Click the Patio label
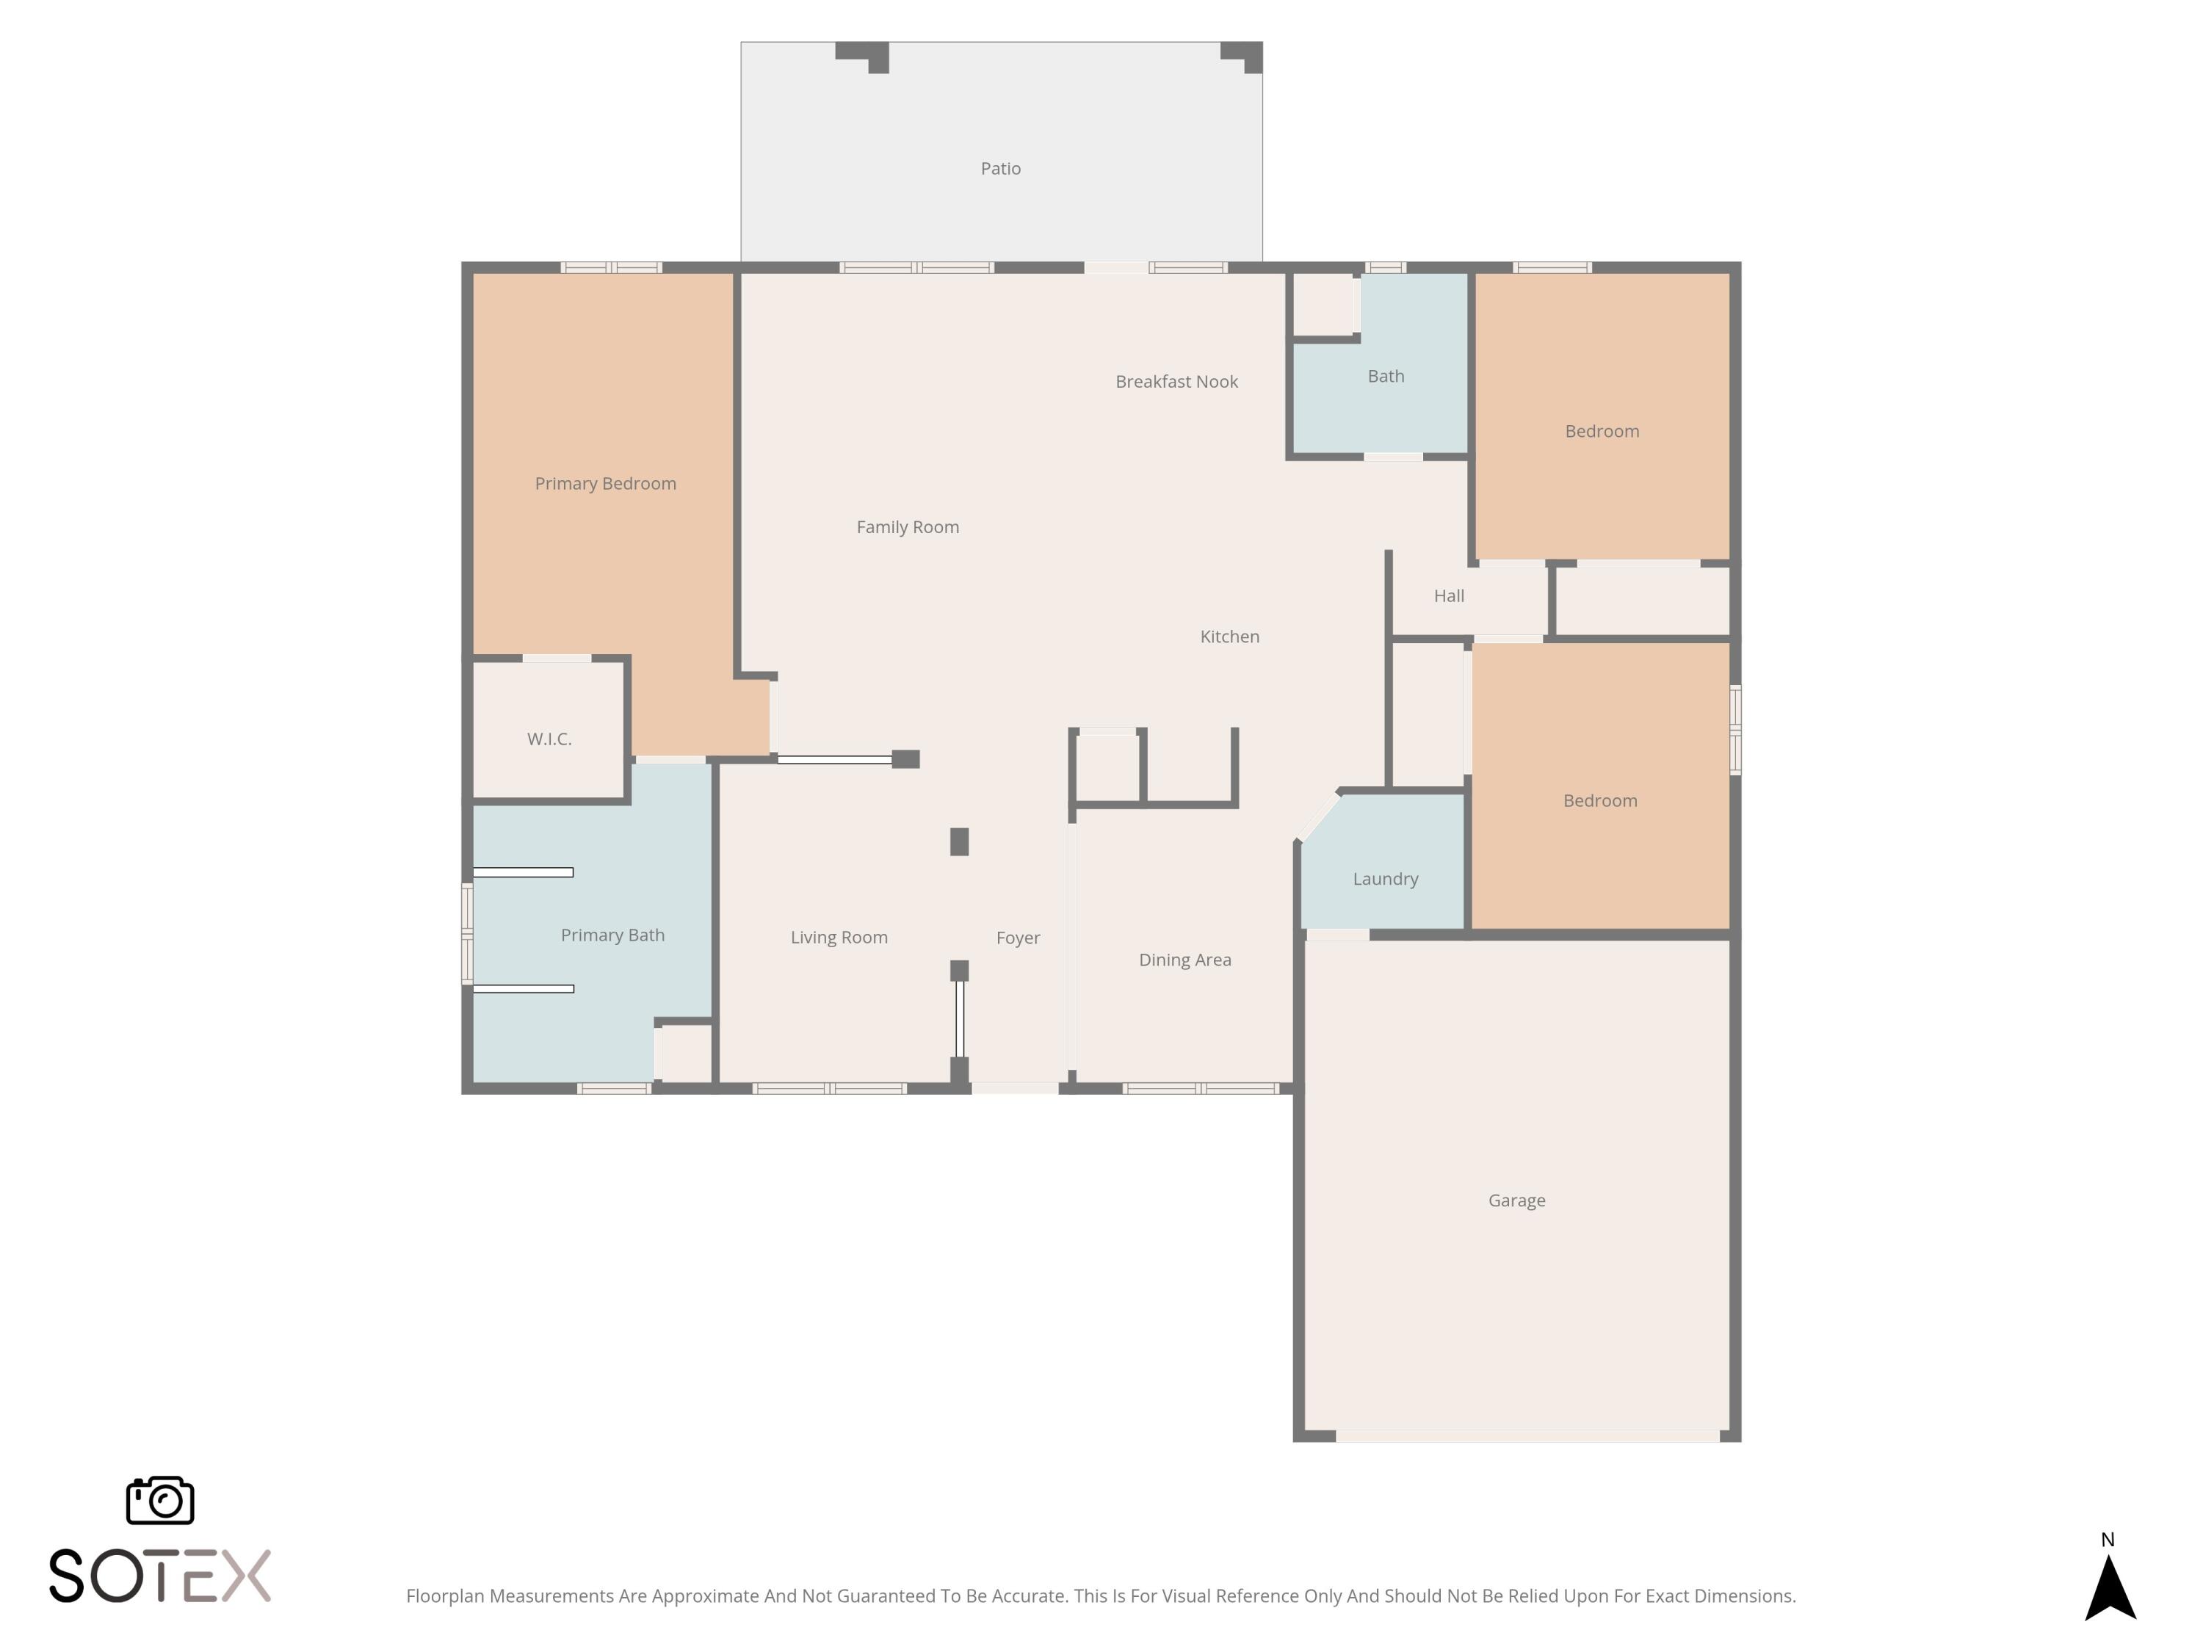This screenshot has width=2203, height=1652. [x=1000, y=168]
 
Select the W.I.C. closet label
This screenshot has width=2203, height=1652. [x=549, y=739]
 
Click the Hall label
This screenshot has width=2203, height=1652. [x=1448, y=595]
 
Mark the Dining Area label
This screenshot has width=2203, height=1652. [x=1184, y=959]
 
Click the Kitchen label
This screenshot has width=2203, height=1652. [x=1229, y=637]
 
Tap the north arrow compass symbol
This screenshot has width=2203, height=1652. [x=2110, y=1590]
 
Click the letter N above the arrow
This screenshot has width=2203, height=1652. [x=2108, y=1540]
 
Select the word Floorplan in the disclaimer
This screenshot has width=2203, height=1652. [x=445, y=1595]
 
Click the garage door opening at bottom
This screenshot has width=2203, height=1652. [x=1526, y=1436]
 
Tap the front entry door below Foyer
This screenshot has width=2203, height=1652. [x=1014, y=1088]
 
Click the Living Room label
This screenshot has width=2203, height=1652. [x=839, y=937]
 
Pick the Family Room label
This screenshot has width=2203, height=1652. [x=908, y=526]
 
